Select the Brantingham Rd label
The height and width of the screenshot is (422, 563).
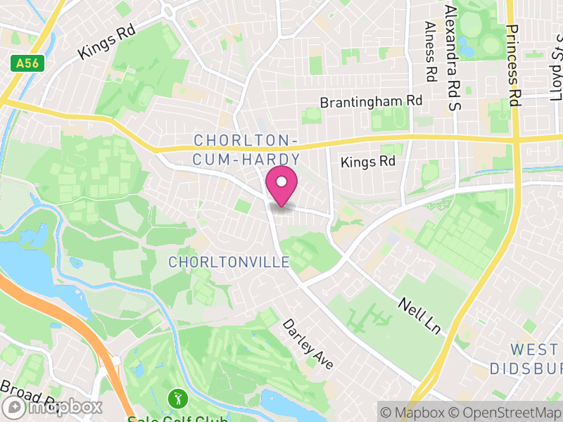coord(371,102)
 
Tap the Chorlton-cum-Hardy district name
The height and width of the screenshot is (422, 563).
coord(247,150)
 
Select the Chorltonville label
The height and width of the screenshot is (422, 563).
coord(229,262)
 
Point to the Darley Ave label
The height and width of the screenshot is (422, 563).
coord(307,344)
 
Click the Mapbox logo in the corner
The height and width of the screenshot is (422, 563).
coord(52,407)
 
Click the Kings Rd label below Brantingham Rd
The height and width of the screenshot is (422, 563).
coord(368,162)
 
